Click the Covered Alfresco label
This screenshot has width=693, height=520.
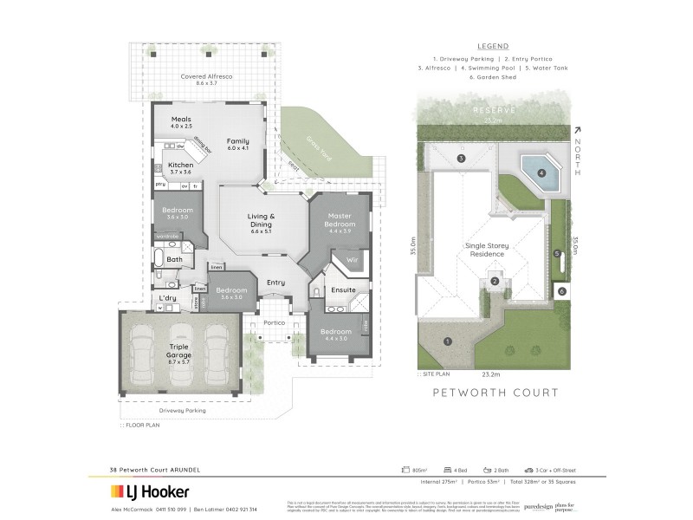pyautogui.click(x=206, y=76)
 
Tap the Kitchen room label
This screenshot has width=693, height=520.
pyautogui.click(x=180, y=165)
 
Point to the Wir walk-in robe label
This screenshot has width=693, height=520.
pyautogui.click(x=352, y=258)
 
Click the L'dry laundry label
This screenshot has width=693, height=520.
pyautogui.click(x=167, y=298)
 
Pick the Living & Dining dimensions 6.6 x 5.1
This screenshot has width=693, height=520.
pyautogui.click(x=261, y=231)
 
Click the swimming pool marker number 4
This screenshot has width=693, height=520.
pyautogui.click(x=541, y=172)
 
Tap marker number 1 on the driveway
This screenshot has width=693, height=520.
pyautogui.click(x=447, y=341)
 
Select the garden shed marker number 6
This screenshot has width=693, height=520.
pyautogui.click(x=561, y=292)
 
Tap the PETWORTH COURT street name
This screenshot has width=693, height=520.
pyautogui.click(x=495, y=393)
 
